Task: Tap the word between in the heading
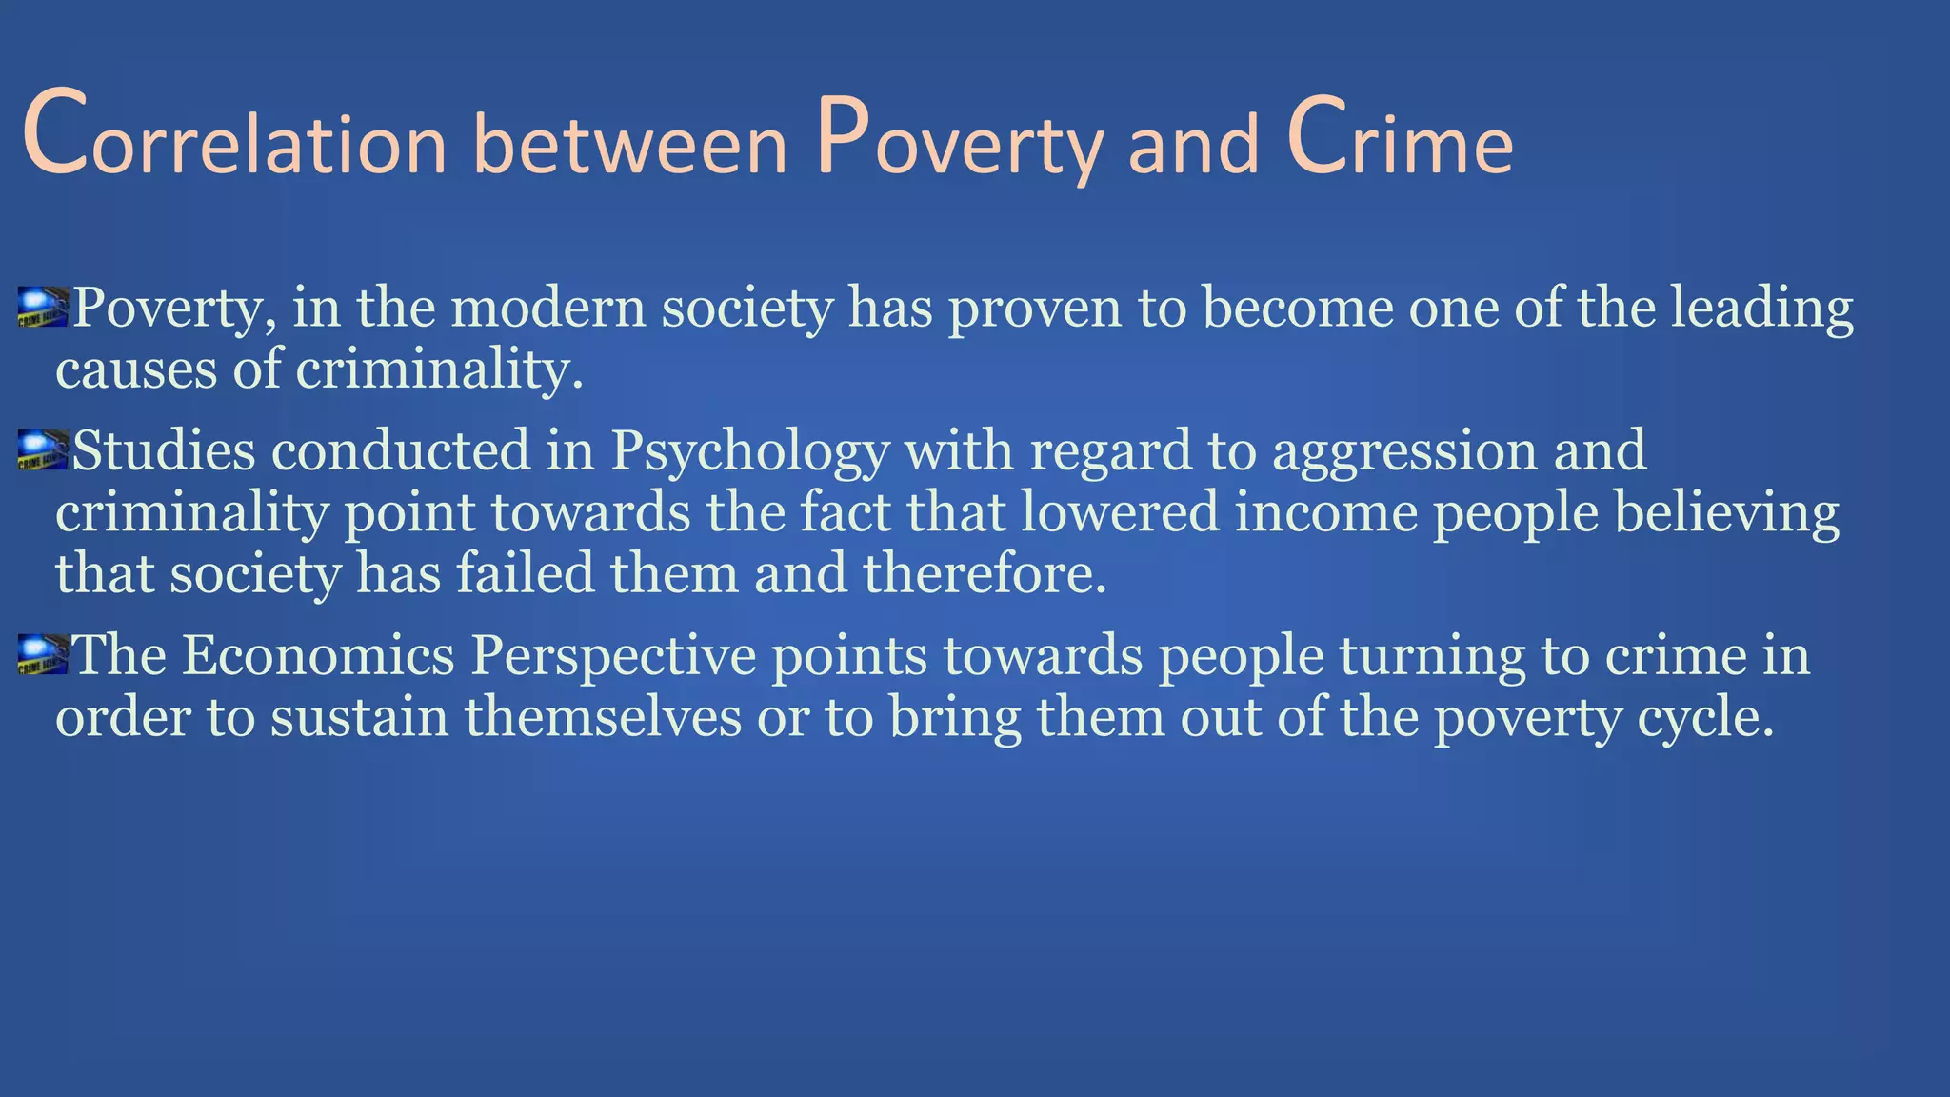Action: pyautogui.click(x=629, y=143)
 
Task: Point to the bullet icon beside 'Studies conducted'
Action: pyautogui.click(x=43, y=450)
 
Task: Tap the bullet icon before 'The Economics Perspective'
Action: pyautogui.click(x=43, y=655)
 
